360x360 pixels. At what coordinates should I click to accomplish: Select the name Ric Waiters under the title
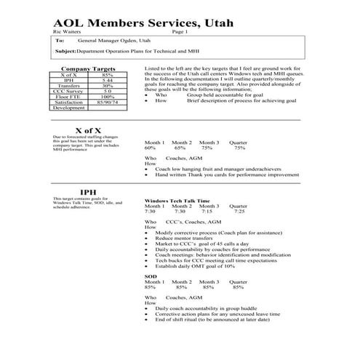[68, 33]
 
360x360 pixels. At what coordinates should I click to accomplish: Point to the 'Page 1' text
[191, 33]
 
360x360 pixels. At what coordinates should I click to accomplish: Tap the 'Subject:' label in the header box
[65, 52]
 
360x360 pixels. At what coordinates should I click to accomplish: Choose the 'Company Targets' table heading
[84, 69]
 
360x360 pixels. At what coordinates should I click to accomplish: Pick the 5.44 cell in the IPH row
[108, 80]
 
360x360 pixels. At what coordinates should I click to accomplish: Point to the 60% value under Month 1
[151, 148]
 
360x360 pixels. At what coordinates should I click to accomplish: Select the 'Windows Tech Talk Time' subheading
[177, 200]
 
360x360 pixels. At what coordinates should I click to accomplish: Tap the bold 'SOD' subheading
[151, 277]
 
